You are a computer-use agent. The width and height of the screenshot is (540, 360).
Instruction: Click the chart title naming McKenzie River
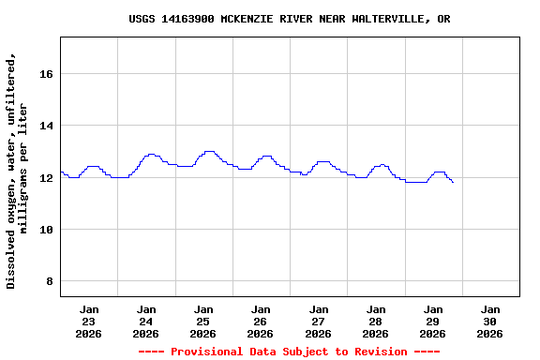[289, 19]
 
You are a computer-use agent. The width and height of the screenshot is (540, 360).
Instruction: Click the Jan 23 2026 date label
[89, 321]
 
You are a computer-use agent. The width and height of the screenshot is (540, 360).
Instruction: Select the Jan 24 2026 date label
[146, 321]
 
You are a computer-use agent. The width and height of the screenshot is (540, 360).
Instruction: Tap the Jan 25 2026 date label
[203, 321]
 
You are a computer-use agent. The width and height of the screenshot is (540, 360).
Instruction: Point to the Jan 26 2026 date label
[261, 321]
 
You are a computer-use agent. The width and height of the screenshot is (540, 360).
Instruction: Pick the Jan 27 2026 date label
[319, 321]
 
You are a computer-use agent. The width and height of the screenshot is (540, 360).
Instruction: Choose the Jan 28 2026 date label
[376, 321]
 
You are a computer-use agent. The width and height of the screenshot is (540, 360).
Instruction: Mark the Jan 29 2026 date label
[433, 321]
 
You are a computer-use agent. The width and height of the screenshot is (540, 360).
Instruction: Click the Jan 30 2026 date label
[490, 321]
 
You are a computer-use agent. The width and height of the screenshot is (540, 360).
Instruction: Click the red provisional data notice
[289, 352]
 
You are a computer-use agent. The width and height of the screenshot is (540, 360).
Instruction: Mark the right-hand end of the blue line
[453, 182]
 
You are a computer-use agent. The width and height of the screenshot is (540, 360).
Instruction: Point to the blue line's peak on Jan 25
[209, 151]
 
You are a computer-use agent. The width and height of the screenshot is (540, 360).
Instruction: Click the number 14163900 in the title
[187, 19]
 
